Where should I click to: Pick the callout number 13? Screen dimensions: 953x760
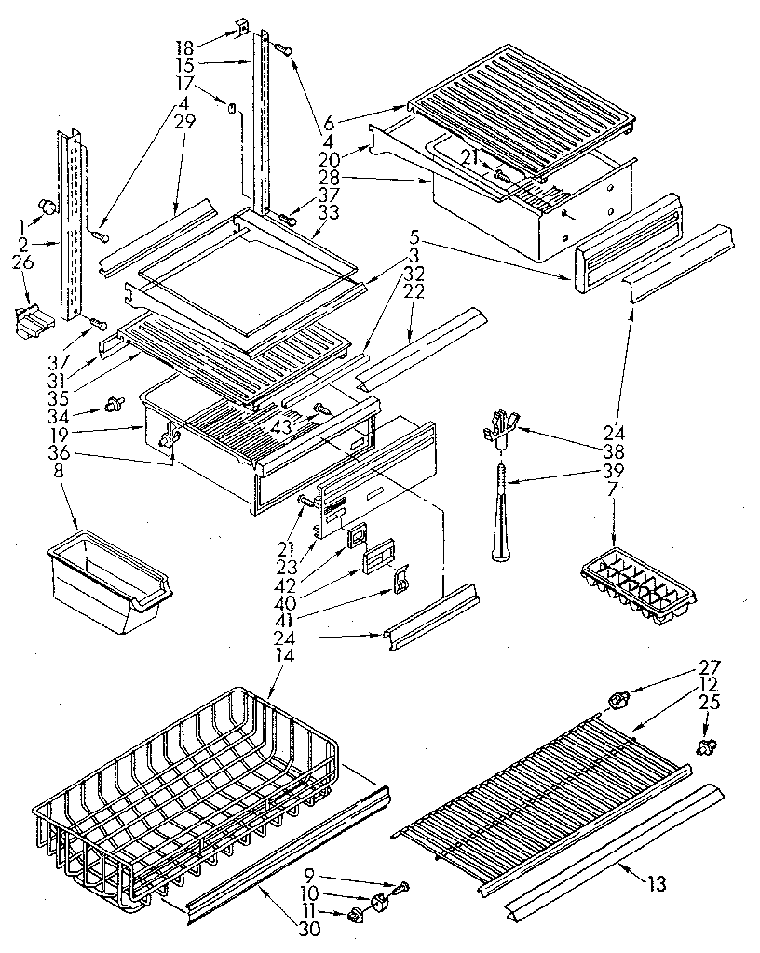658,883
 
